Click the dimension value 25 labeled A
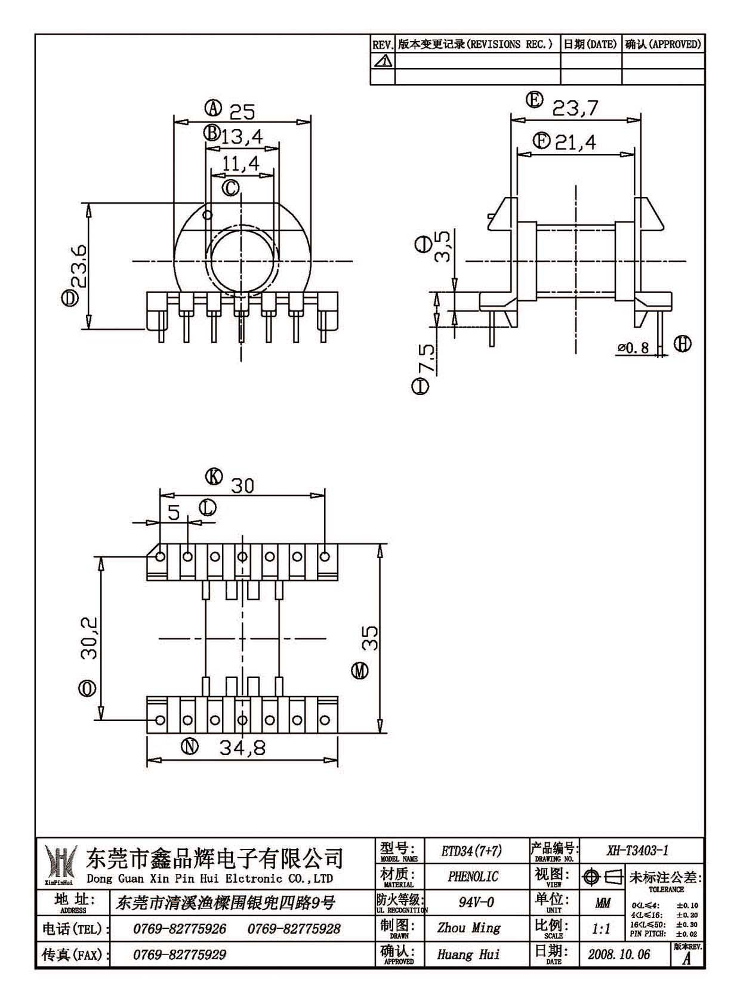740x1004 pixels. [x=242, y=112]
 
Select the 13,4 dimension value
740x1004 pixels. [x=242, y=136]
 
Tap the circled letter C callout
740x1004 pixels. [x=231, y=188]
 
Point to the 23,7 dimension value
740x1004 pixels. [x=575, y=107]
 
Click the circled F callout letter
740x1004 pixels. [x=542, y=141]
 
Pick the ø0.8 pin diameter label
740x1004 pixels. [x=633, y=347]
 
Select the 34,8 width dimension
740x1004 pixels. [x=242, y=747]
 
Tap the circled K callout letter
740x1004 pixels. [x=214, y=476]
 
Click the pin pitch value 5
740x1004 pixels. [x=174, y=512]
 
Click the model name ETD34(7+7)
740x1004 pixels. [x=472, y=851]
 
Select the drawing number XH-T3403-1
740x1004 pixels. [x=637, y=850]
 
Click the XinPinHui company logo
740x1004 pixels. [x=60, y=865]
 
